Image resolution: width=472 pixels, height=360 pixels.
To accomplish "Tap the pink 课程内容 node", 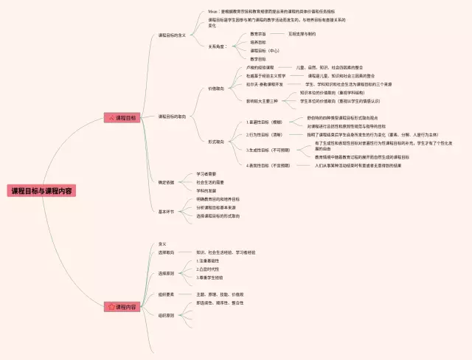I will (x=123, y=305).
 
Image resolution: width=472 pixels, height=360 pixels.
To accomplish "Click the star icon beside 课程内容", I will (x=111, y=305).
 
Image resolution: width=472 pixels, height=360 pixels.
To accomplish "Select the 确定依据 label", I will (x=166, y=181).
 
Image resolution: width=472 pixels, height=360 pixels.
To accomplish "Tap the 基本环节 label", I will (x=166, y=212).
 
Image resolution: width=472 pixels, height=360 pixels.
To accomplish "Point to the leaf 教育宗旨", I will (x=257, y=34).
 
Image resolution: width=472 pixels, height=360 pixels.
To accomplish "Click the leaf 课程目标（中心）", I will (x=264, y=50).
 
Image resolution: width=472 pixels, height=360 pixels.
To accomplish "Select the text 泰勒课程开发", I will (x=265, y=83).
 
